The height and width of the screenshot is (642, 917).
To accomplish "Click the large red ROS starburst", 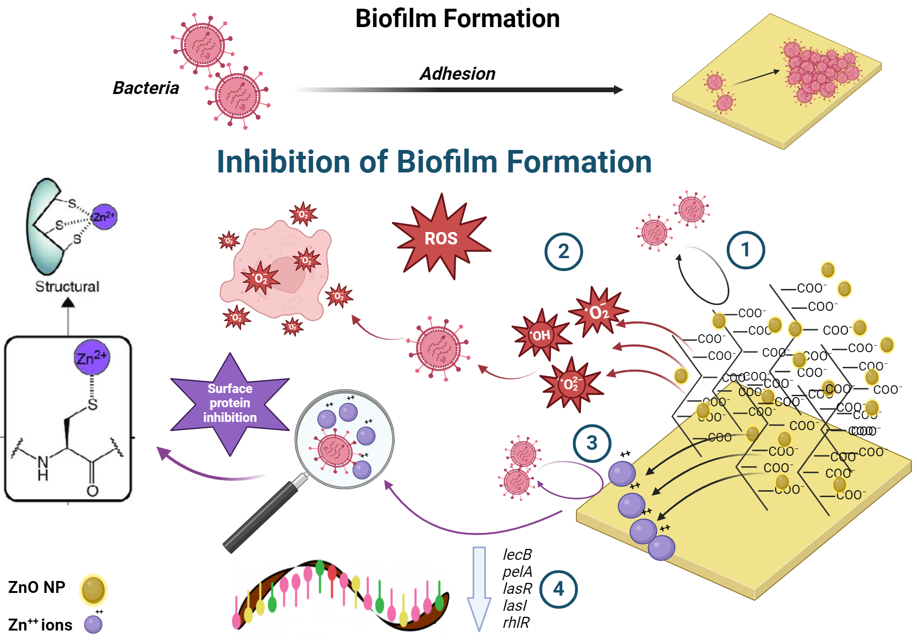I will click(x=441, y=238).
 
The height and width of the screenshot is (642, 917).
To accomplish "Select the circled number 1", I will click(x=746, y=250).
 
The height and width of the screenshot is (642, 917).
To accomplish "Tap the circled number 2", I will click(x=563, y=251).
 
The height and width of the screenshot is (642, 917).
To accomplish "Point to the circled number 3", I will click(x=592, y=443).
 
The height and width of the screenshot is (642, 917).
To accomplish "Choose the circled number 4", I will click(x=558, y=589).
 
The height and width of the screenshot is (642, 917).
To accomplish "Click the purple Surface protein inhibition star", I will click(x=230, y=403).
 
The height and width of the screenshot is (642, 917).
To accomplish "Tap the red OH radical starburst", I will click(x=541, y=335).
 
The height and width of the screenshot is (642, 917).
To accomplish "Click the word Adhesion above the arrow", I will click(x=457, y=74).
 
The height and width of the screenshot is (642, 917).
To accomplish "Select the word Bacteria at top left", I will click(x=146, y=88).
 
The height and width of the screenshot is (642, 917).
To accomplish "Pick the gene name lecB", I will click(x=517, y=555).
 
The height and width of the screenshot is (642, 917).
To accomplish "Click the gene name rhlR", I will click(x=516, y=623).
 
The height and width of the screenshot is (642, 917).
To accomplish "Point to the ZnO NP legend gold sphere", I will click(x=93, y=590).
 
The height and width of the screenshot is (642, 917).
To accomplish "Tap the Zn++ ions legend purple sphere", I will click(x=93, y=625).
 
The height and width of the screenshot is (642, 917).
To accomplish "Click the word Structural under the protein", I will click(x=67, y=287).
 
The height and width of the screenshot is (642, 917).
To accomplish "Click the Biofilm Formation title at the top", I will click(x=457, y=19).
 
